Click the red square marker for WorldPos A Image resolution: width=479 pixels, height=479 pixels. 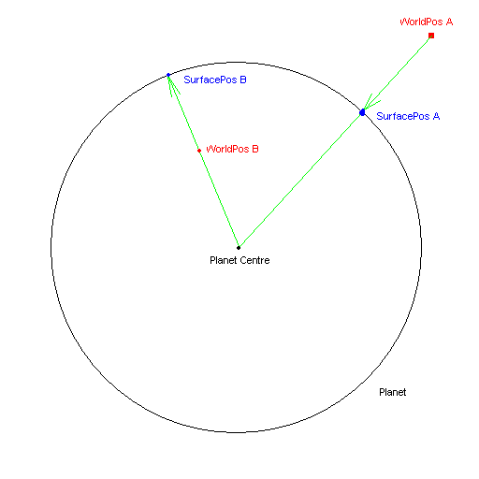tap(431, 36)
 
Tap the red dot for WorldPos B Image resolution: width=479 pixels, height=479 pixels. tap(199, 151)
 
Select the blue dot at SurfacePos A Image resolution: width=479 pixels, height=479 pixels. tap(362, 112)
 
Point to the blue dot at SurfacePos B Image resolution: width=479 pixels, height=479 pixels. tap(168, 75)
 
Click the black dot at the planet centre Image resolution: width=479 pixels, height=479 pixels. tap(239, 248)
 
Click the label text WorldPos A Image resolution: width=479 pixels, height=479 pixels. tap(427, 22)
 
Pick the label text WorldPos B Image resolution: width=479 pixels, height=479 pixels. tap(232, 149)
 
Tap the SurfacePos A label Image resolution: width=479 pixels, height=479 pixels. tap(408, 116)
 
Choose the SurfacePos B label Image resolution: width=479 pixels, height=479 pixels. tap(215, 80)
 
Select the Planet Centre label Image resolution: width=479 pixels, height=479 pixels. tap(239, 260)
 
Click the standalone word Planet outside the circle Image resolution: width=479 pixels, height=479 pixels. tap(393, 392)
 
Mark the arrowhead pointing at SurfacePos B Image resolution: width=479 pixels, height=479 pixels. tap(172, 85)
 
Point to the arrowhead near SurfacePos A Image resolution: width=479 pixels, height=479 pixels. tap(371, 102)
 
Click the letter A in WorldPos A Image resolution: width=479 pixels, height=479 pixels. tap(449, 22)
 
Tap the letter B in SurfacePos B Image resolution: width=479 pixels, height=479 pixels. tap(243, 80)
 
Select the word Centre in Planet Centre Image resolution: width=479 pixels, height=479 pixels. tap(254, 260)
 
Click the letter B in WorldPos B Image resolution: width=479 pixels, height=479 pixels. tap(255, 149)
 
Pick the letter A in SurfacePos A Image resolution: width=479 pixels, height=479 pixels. tap(436, 116)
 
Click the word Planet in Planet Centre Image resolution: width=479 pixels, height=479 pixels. tap(223, 260)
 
